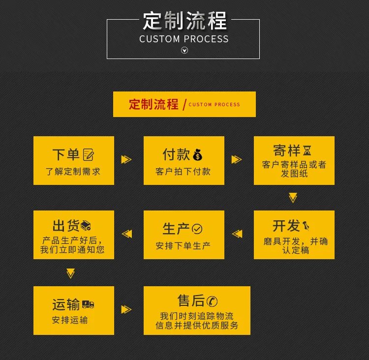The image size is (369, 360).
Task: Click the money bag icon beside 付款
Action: click(197, 154)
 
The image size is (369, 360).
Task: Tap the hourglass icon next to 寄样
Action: click(307, 150)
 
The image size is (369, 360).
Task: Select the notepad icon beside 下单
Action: click(88, 154)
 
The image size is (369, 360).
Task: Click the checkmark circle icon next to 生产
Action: click(197, 229)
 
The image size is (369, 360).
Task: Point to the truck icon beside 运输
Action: click(88, 304)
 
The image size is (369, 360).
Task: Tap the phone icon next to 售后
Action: click(212, 301)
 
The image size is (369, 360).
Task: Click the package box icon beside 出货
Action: click(86, 225)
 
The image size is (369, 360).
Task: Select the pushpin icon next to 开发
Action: click(306, 226)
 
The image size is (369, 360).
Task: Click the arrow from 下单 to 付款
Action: click(126, 159)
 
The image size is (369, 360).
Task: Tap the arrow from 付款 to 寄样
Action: click(237, 159)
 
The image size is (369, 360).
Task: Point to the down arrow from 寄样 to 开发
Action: click(293, 198)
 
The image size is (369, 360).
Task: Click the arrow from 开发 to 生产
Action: click(237, 234)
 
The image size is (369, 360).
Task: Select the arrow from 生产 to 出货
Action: click(127, 234)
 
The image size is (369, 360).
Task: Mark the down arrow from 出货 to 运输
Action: click(70, 273)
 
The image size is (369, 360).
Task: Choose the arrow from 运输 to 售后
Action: click(126, 309)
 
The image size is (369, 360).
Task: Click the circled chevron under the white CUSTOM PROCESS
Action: click(184, 50)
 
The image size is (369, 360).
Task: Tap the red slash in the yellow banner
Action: click(184, 105)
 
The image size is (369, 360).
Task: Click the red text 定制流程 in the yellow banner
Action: click(154, 104)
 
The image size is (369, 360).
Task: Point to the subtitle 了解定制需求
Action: click(73, 172)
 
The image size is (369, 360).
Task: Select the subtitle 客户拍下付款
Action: click(183, 172)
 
